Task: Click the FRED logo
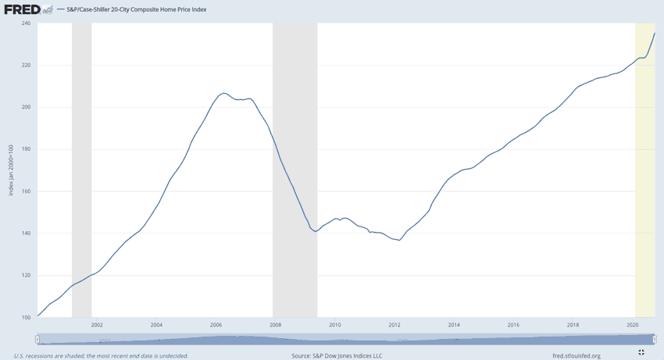pos(22,9)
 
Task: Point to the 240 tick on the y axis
pos(25,23)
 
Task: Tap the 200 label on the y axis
pos(25,107)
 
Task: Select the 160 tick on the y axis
pos(25,191)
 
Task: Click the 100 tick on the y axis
pos(25,317)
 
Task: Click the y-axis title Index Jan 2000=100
pos(11,170)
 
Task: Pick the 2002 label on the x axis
pos(97,325)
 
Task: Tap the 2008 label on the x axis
pos(275,325)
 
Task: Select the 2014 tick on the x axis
pos(454,325)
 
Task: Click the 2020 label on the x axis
pos(632,325)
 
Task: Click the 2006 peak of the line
pos(223,93)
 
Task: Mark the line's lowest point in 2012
pos(400,240)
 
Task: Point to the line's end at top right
pos(655,33)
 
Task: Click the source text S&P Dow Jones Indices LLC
pos(337,355)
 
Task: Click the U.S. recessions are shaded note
pos(101,355)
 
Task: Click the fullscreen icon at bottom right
pos(641,353)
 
